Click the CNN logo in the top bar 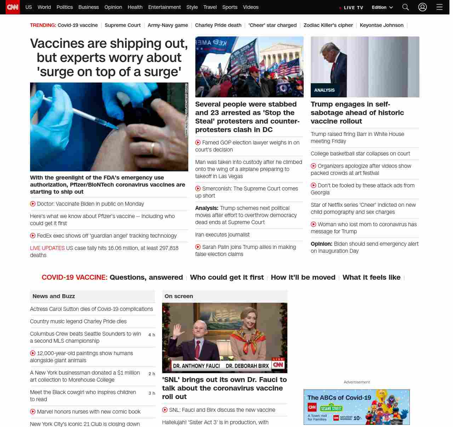point(13,7)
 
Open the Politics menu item point(64,7)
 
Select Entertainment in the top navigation point(164,7)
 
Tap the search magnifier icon point(406,7)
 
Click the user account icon point(423,7)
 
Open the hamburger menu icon point(440,7)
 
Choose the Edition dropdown point(382,7)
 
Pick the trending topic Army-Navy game point(168,25)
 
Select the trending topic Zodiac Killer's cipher point(328,25)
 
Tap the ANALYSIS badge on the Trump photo point(324,90)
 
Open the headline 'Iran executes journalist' point(222,235)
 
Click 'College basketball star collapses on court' point(360,154)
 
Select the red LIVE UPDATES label point(47,248)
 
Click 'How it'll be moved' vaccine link point(303,278)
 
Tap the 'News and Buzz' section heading point(54,296)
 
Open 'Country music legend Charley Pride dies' point(78,321)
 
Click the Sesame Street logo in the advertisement point(331,409)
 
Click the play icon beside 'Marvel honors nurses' point(33,412)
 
